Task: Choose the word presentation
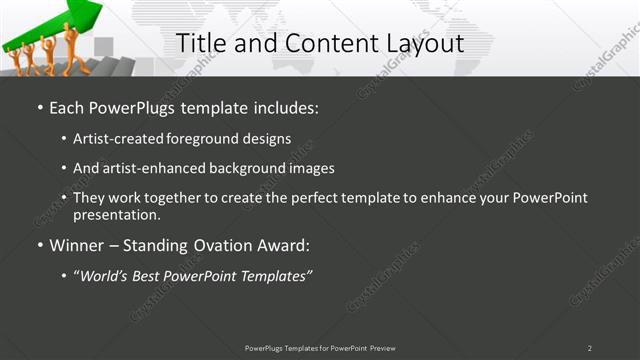coord(115,215)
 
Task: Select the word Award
coord(284,245)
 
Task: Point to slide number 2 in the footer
coord(589,348)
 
